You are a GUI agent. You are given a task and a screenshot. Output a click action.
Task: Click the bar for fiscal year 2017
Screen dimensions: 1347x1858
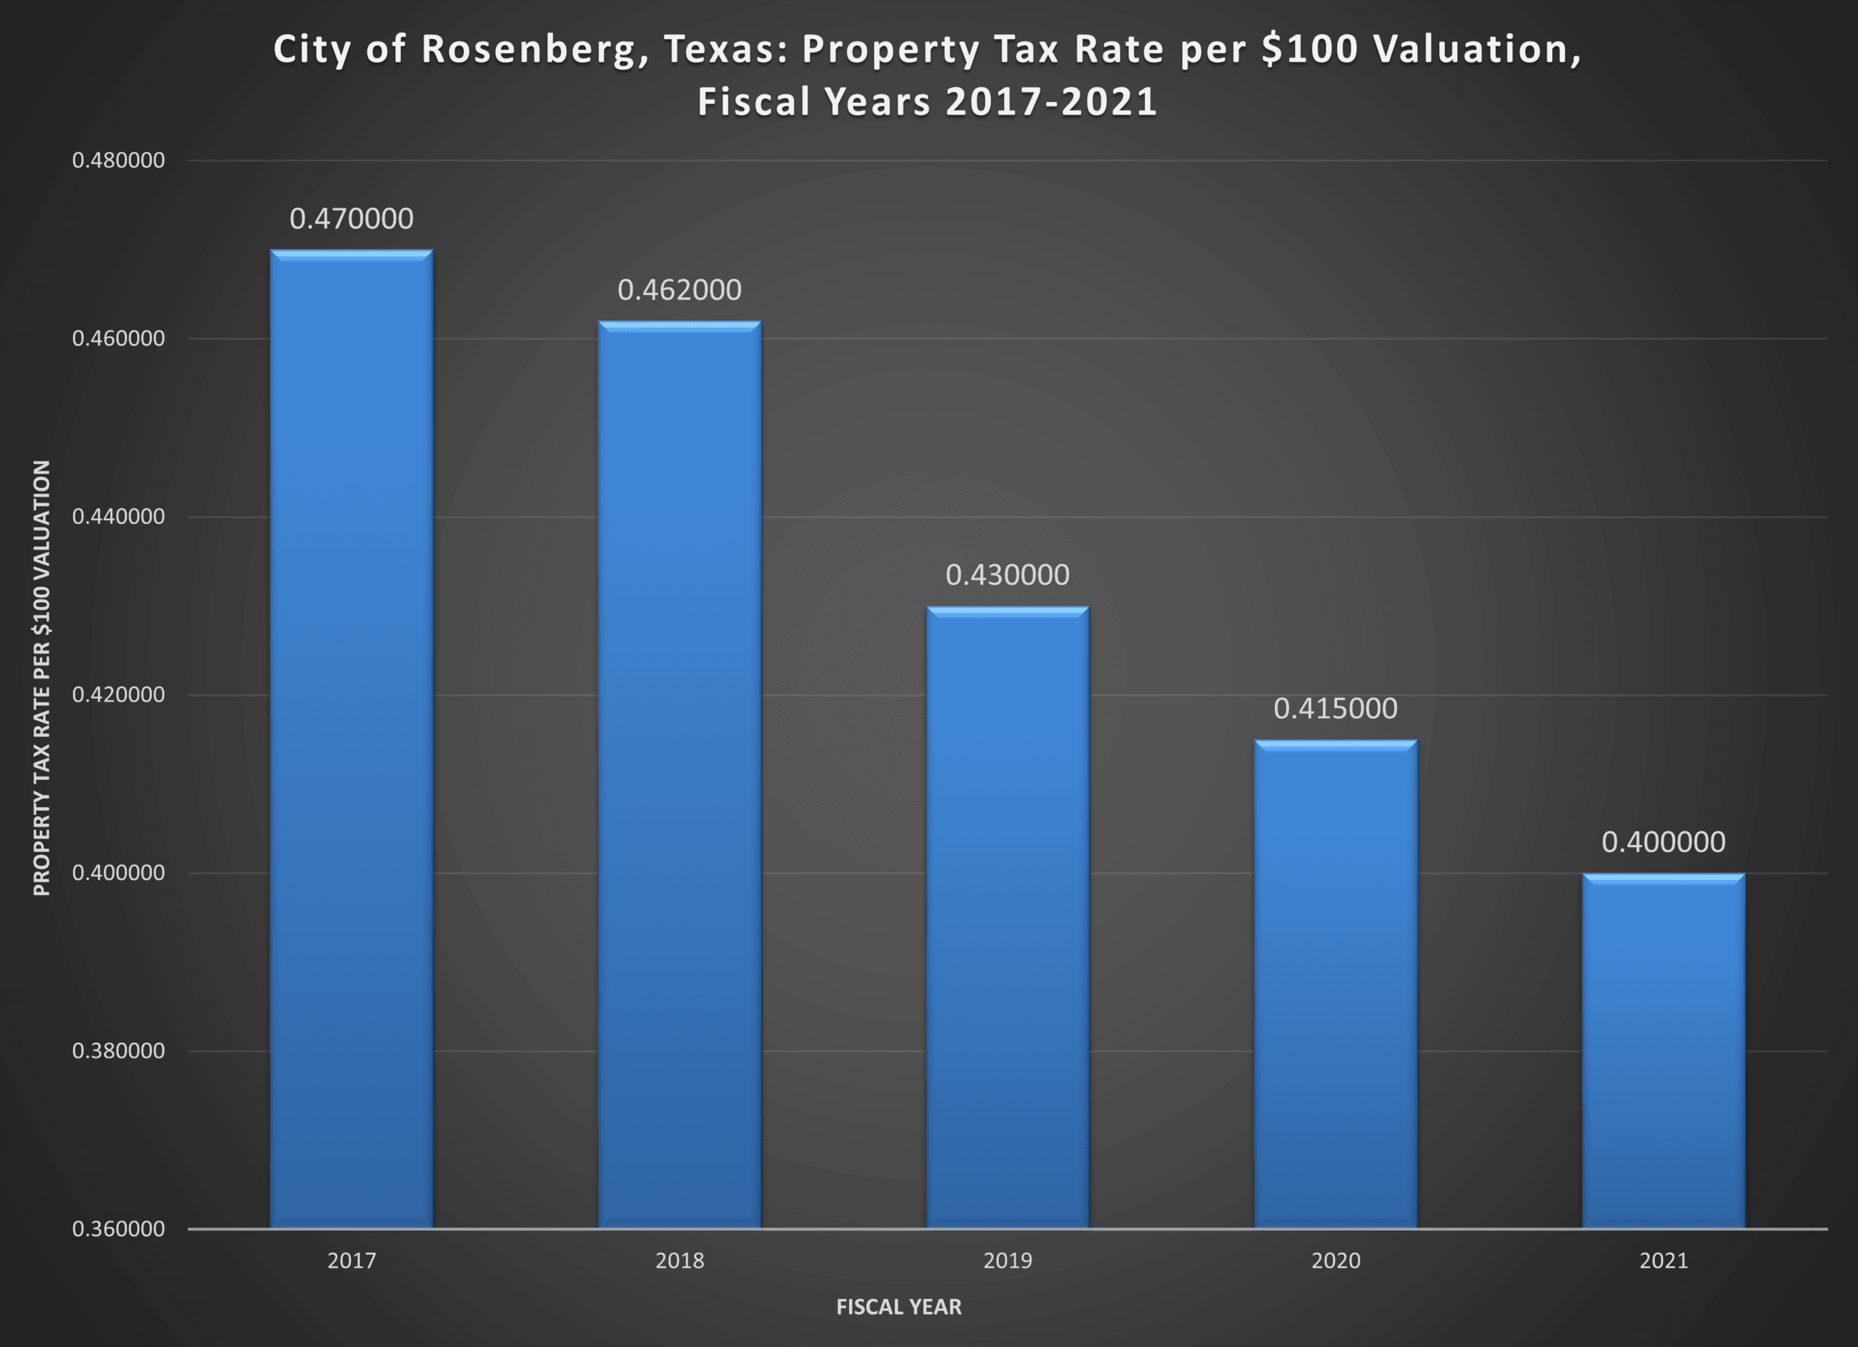[352, 737]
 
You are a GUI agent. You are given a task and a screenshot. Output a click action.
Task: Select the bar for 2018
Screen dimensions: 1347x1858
[679, 773]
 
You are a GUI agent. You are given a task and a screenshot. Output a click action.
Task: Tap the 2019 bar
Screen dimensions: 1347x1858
[1008, 917]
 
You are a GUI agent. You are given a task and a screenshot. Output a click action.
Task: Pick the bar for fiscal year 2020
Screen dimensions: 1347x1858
[1336, 983]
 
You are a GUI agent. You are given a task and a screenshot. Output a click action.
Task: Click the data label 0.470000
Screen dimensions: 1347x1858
[352, 219]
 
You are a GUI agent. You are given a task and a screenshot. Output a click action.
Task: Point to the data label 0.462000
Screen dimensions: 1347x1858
[679, 290]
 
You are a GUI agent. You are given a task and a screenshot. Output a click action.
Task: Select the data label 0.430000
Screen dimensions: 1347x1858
[1008, 575]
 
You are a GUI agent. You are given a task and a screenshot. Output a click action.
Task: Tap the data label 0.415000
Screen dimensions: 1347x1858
[1336, 708]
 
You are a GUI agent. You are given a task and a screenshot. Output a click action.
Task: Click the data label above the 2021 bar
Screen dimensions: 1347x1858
[1663, 842]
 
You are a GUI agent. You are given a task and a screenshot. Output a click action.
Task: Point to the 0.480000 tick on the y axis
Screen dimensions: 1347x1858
[119, 161]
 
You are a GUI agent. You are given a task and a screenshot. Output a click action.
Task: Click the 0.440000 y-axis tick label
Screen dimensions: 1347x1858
[119, 516]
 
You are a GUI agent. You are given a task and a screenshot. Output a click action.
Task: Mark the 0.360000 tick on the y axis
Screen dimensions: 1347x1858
[119, 1229]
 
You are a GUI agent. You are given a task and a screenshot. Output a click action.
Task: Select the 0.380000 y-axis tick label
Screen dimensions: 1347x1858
[119, 1051]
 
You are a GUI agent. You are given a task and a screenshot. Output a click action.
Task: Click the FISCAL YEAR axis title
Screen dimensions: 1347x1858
[899, 1307]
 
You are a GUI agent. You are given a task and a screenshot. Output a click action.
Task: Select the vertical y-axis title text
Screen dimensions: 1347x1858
[41, 678]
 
